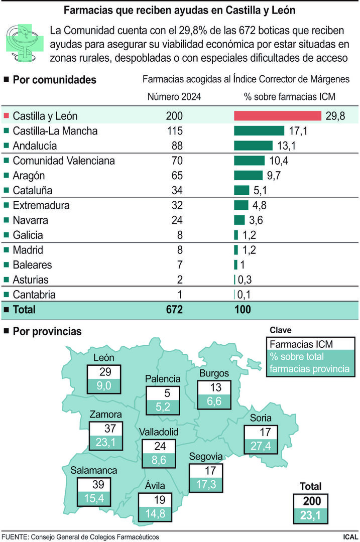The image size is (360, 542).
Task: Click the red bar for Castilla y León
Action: (278, 116)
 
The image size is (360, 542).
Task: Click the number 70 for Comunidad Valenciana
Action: (174, 161)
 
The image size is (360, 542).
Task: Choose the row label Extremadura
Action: (41, 205)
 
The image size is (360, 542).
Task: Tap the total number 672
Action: (174, 310)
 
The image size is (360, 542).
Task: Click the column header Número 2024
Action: (174, 97)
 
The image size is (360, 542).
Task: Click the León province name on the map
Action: (104, 358)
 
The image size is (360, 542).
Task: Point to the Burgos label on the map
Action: (214, 373)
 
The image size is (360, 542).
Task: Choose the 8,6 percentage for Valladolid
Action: (159, 459)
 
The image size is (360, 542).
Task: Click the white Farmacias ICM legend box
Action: (310, 344)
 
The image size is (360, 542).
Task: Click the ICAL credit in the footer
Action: (350, 536)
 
